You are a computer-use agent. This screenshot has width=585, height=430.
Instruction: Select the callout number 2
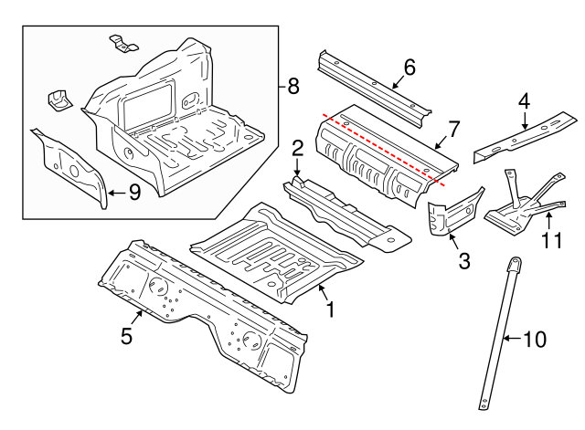pos(297,148)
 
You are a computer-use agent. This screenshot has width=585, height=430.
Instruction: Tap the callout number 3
pos(463,262)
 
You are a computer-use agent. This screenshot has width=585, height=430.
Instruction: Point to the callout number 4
pos(524,101)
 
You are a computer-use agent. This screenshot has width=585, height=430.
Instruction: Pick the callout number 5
pos(127,336)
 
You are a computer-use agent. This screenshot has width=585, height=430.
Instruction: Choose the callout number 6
pos(409,67)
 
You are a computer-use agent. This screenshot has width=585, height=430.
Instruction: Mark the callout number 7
pos(453,129)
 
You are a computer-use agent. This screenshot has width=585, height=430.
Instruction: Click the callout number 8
pos(292,87)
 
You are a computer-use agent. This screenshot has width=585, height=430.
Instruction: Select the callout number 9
pos(133,192)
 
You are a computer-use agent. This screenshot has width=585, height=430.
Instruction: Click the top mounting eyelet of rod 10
pos(515,265)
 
